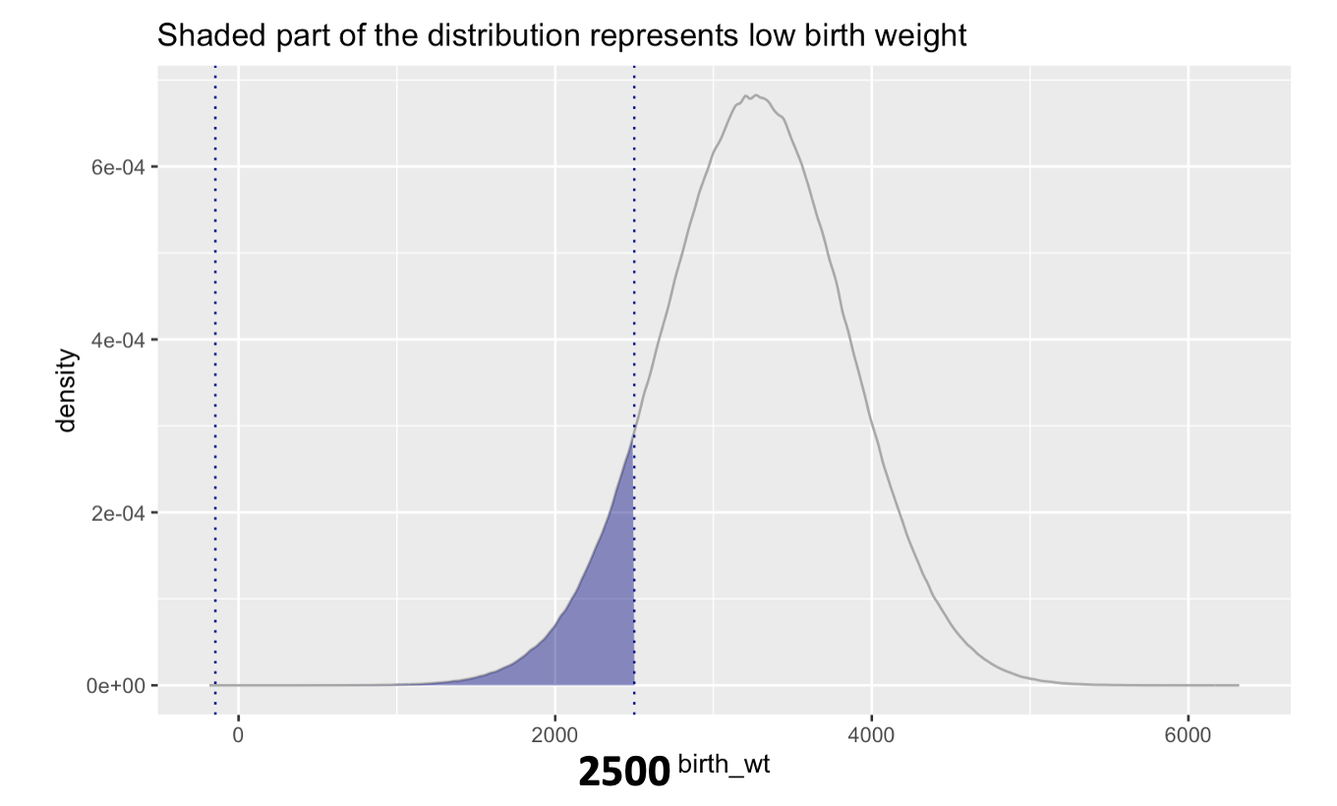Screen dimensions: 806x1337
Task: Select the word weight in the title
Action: (x=921, y=36)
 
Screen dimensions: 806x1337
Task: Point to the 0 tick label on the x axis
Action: (x=238, y=734)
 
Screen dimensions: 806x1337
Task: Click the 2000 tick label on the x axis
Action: (x=555, y=734)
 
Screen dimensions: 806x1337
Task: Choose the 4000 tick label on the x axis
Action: (x=872, y=734)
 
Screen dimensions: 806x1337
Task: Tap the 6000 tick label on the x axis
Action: (x=1188, y=734)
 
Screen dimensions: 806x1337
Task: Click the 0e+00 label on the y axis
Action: (x=117, y=685)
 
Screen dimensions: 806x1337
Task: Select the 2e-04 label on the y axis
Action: (x=117, y=512)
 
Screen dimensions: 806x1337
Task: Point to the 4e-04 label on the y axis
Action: (x=117, y=340)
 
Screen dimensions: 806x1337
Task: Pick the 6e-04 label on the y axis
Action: (x=117, y=167)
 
